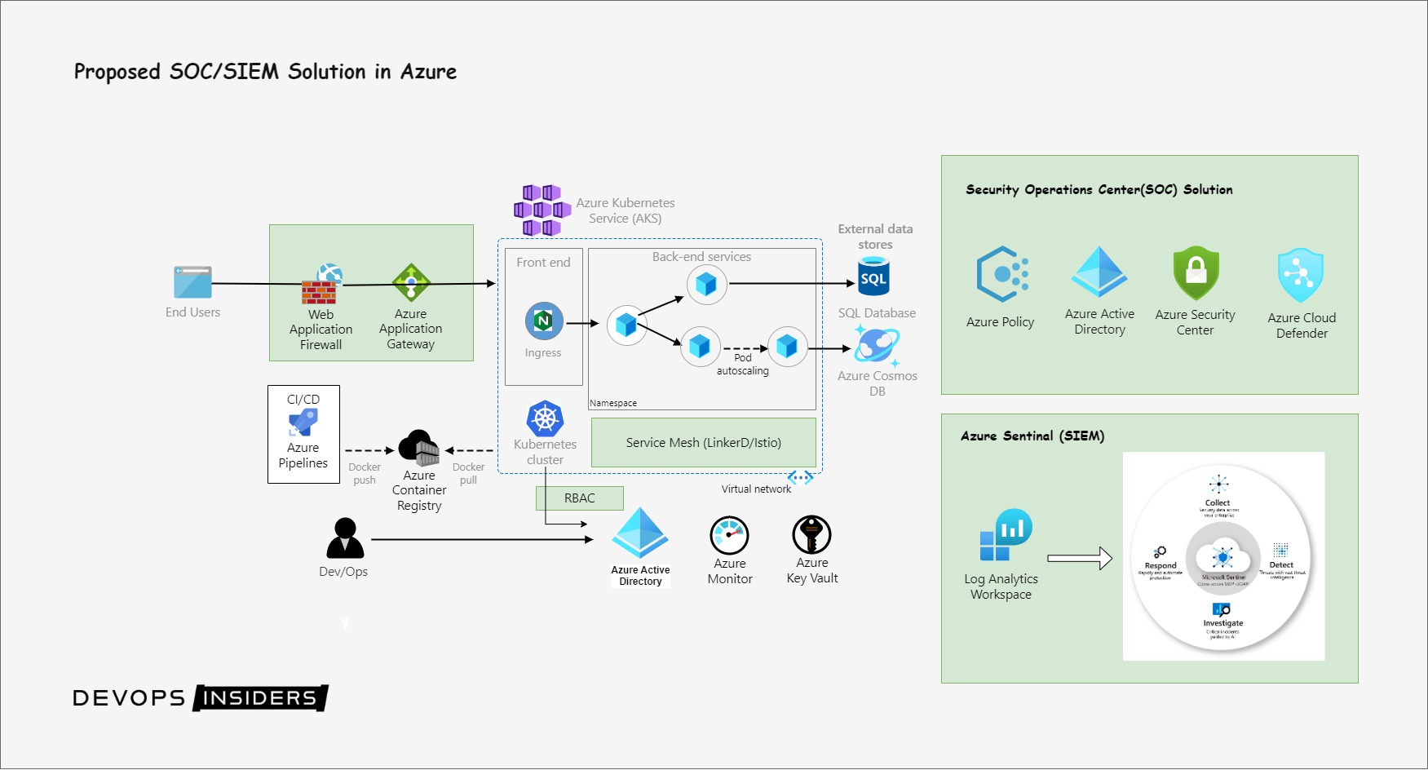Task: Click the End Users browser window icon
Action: [x=192, y=282]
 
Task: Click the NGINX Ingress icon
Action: [x=544, y=321]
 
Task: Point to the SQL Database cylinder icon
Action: [x=873, y=277]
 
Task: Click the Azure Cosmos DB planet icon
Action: [x=877, y=346]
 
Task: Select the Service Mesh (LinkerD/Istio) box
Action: [x=703, y=442]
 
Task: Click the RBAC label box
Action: [x=579, y=498]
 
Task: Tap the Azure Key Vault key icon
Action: [x=811, y=535]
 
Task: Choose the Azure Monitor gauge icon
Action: [x=729, y=536]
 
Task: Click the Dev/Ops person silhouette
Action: [x=345, y=538]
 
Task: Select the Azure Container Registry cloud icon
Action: [x=418, y=448]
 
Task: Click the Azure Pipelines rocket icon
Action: [x=303, y=423]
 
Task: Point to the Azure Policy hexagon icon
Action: [x=1001, y=275]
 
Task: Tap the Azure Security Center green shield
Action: [x=1196, y=273]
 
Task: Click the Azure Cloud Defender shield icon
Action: [x=1300, y=276]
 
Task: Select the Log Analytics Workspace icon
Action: [x=1006, y=535]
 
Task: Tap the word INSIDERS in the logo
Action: [x=259, y=698]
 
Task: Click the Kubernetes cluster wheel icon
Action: [x=545, y=419]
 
